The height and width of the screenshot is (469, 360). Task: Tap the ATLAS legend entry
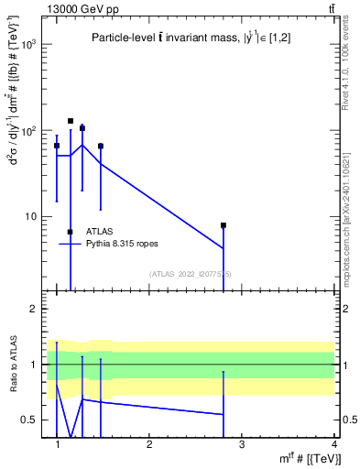click(100, 232)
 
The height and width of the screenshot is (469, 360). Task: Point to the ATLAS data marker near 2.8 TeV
click(223, 225)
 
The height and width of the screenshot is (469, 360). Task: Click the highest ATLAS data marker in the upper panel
click(71, 121)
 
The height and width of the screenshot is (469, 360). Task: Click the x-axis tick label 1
click(58, 444)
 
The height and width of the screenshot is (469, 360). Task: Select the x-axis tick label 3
click(241, 444)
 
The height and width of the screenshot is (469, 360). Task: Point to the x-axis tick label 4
click(333, 444)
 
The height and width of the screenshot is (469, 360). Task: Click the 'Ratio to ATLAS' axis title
click(12, 364)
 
